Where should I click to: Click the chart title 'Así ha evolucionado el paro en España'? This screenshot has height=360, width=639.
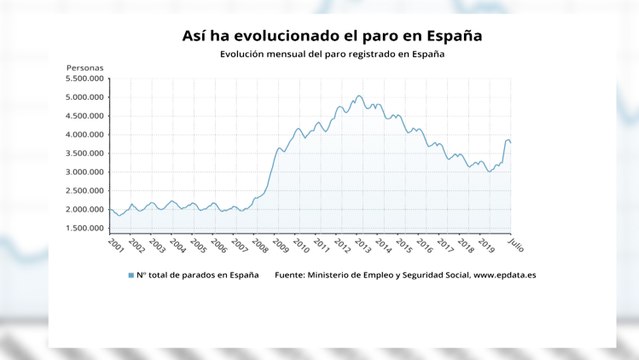tap(319, 35)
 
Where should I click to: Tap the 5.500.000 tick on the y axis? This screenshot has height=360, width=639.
tap(86, 79)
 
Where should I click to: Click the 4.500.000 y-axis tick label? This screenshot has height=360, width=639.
tap(86, 116)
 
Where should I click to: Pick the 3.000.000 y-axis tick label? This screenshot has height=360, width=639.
tap(86, 172)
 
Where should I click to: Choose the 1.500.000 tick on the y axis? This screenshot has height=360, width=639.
tap(86, 228)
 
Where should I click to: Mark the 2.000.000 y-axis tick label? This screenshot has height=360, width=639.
tap(86, 209)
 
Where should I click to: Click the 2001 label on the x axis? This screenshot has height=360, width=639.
tap(115, 244)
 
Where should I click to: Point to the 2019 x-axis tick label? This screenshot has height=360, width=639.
tap(487, 244)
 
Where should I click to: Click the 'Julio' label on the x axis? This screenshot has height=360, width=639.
tap(515, 245)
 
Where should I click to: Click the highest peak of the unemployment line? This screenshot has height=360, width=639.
tap(358, 96)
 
